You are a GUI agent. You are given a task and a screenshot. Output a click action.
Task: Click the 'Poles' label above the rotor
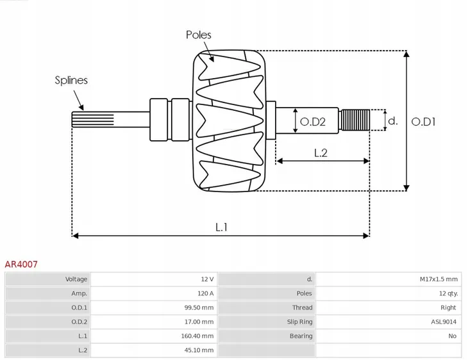pos(198,35)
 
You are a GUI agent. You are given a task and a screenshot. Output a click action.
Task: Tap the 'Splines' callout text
pos(71,80)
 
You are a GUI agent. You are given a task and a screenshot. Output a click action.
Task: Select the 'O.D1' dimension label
pos(423,120)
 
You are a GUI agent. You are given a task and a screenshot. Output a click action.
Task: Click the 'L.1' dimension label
pos(221,226)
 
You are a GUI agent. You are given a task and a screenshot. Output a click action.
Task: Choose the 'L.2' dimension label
pos(321,152)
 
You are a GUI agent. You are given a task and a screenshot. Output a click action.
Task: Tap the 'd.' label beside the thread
pos(393,120)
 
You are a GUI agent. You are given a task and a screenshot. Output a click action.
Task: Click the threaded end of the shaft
pos(355,120)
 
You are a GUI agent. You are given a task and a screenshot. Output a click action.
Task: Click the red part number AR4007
pos(21,263)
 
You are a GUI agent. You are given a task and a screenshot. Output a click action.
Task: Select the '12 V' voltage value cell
pos(206,279)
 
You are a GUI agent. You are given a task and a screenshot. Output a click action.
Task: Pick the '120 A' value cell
pos(205,293)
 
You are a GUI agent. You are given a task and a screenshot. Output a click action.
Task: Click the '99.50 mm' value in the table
pos(199,307)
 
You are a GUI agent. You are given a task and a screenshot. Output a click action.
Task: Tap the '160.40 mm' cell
pos(197,336)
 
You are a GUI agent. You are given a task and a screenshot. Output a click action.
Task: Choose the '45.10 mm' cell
pos(199,350)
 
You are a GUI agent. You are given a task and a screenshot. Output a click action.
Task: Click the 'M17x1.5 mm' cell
pos(439,279)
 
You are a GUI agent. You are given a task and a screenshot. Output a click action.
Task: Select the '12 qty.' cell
pos(446,293)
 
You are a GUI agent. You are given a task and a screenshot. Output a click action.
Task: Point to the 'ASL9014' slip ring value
pos(444,322)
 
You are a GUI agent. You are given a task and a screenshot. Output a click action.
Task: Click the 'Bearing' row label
pos(301,336)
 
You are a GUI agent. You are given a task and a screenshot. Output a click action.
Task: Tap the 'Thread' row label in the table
pos(302,307)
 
